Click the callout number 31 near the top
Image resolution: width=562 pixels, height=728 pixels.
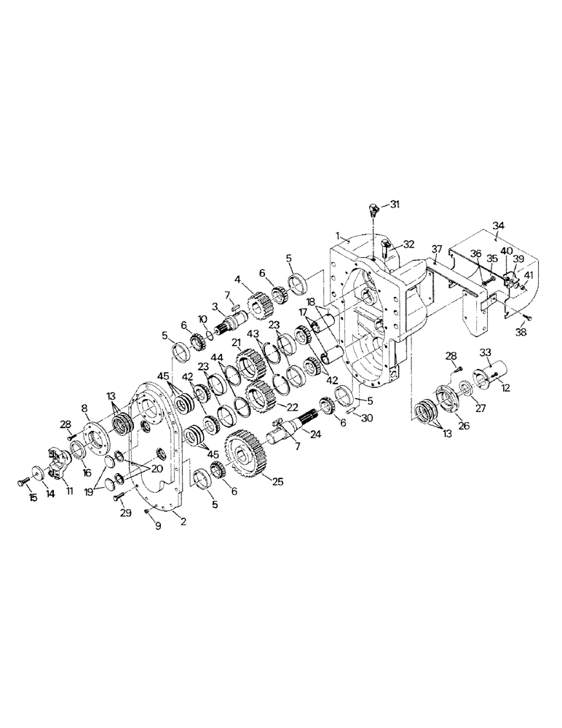tap(395, 205)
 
